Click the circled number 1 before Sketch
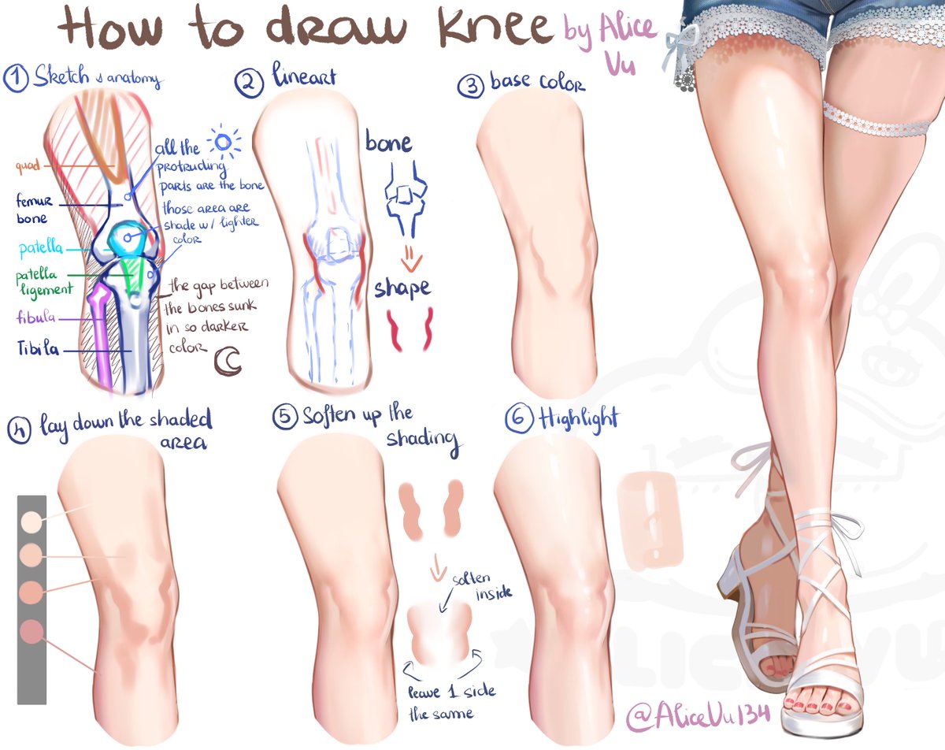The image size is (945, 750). (16, 78)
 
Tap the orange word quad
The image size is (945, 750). (27, 166)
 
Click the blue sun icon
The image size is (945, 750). (225, 143)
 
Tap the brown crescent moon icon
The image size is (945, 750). (228, 361)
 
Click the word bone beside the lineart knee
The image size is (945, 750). (388, 143)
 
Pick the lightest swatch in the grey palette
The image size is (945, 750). (31, 521)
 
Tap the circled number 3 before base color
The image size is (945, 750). (470, 86)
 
